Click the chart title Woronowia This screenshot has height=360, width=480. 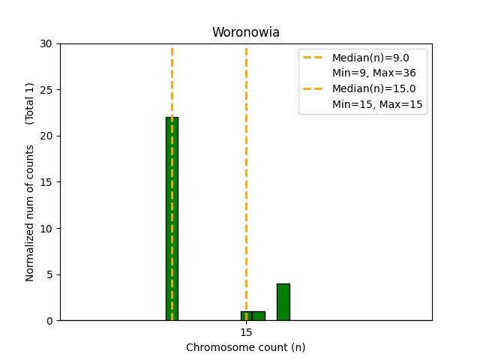(x=245, y=32)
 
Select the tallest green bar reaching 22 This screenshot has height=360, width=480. (x=172, y=217)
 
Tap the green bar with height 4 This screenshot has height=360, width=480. (x=283, y=301)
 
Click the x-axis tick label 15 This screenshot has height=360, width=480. (x=246, y=332)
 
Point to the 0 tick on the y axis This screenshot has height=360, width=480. (x=50, y=320)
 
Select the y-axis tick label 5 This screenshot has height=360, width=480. (x=50, y=274)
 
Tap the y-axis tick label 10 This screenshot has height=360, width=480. (x=47, y=228)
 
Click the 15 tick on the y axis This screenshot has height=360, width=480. (x=47, y=182)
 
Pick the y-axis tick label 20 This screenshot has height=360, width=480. (x=47, y=136)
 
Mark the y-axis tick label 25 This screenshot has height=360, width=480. (x=47, y=90)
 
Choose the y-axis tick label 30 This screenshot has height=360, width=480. (x=47, y=43)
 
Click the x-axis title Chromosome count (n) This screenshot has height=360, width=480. (x=245, y=347)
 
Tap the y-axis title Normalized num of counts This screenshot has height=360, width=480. (x=30, y=213)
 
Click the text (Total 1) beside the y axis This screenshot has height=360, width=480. (x=30, y=103)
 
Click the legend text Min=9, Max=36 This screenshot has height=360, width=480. (x=373, y=73)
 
